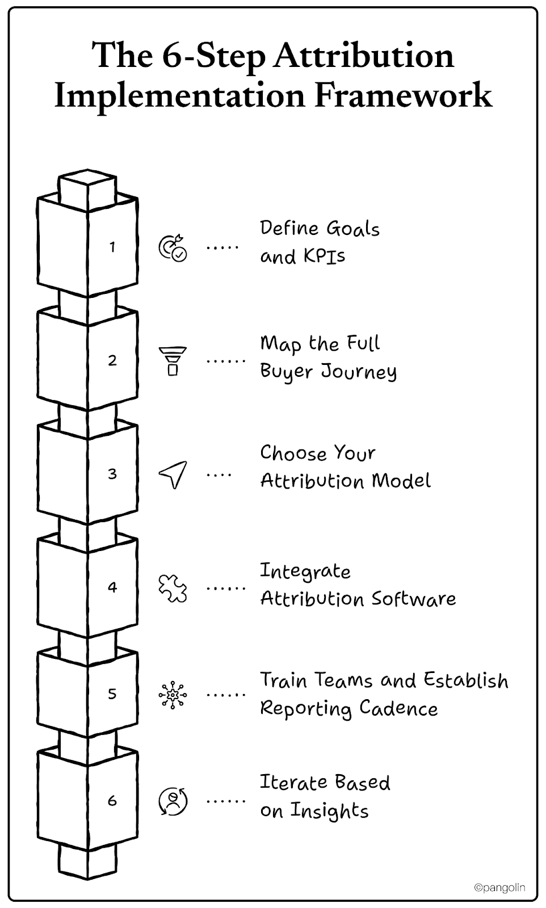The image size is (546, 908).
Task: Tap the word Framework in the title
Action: [x=404, y=95]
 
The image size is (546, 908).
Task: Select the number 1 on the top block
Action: [x=112, y=247]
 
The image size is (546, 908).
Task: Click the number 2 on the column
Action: [x=112, y=360]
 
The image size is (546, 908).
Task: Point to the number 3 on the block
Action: [x=112, y=474]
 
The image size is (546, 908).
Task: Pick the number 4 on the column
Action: [x=112, y=587]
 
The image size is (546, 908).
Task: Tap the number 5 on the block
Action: [x=112, y=693]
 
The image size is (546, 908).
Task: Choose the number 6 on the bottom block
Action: [x=112, y=800]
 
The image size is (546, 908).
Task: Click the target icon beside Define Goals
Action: [x=173, y=247]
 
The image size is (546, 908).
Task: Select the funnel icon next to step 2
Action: [x=173, y=361]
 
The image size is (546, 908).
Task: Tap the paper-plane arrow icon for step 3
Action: [x=173, y=474]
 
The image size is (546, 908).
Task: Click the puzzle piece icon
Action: [x=173, y=587]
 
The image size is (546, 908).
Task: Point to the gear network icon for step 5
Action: [x=173, y=695]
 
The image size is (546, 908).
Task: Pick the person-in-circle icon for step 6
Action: [x=173, y=801]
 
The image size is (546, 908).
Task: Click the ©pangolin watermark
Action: [x=499, y=887]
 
